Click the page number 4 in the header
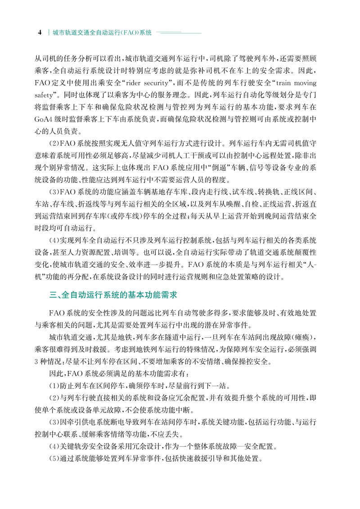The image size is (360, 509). (40, 33)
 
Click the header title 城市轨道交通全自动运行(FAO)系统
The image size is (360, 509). (102, 33)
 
